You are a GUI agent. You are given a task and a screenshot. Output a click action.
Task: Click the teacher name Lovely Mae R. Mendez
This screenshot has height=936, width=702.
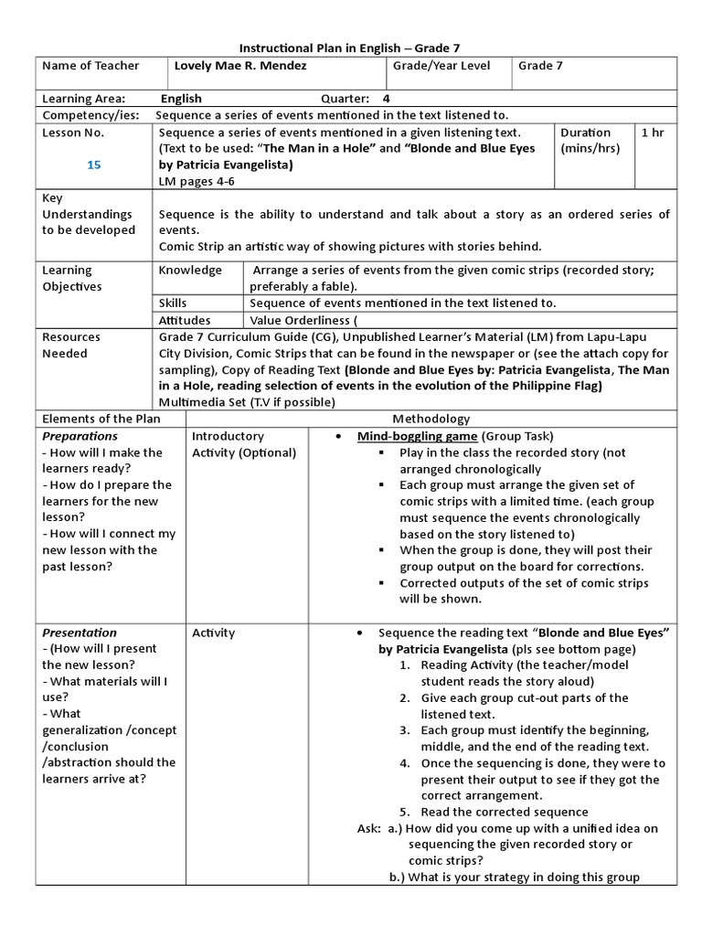coord(239,66)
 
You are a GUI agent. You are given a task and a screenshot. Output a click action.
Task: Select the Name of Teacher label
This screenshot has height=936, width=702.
coord(90,66)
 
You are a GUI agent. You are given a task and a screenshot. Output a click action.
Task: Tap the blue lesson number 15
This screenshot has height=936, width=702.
coord(94,165)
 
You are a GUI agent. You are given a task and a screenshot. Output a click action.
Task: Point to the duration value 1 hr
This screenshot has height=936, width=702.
coord(653,133)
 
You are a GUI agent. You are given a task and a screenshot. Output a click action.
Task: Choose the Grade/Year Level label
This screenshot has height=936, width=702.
coord(441,66)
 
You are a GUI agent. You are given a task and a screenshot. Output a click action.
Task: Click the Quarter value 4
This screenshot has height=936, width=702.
coord(386,99)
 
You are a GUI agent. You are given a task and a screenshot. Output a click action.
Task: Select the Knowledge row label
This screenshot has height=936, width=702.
coord(190,271)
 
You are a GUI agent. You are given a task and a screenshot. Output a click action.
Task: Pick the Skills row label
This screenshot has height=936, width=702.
coord(173,303)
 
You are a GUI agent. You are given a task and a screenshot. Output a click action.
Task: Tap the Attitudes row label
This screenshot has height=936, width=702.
coord(185,320)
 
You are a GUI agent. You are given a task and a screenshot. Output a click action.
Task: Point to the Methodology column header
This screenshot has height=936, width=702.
coord(431,419)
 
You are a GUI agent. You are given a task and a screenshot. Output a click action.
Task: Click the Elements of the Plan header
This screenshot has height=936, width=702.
coord(101,419)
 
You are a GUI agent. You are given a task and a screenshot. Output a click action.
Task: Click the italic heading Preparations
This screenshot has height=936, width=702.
coord(80,436)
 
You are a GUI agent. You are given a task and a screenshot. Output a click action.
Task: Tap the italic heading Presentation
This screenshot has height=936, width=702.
coord(80,633)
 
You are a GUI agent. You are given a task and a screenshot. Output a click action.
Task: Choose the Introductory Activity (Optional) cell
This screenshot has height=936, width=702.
coord(243,444)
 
